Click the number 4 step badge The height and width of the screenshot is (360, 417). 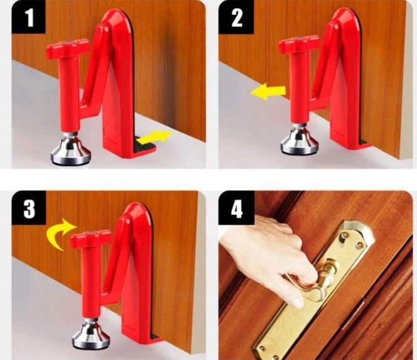(x=237, y=209)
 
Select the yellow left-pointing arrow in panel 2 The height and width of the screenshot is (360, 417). (x=267, y=92)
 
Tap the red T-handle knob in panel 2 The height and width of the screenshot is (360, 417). (x=299, y=45)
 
